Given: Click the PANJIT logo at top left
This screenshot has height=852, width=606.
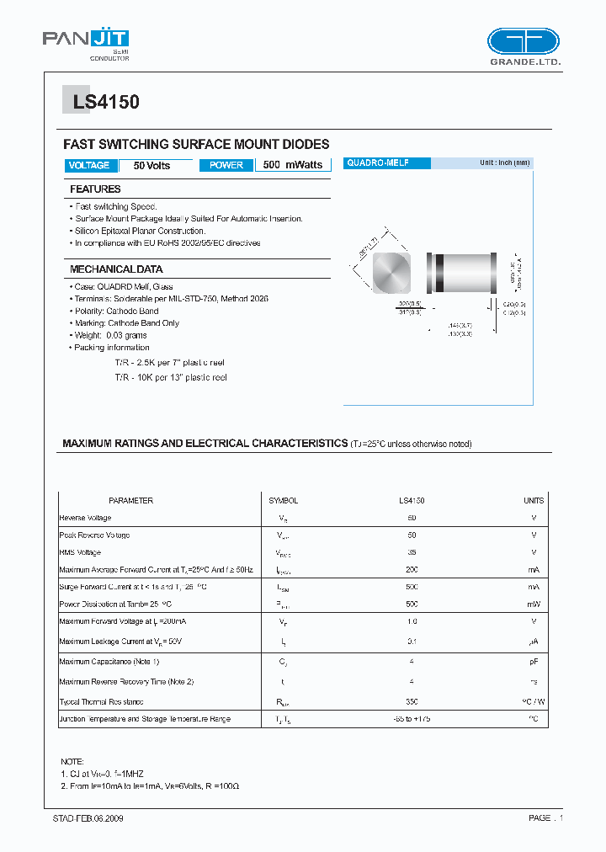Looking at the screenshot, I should click(x=86, y=40).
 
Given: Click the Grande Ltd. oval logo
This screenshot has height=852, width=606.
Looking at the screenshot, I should click(x=523, y=41).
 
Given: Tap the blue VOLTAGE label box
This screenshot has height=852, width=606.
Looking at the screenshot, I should click(x=89, y=166).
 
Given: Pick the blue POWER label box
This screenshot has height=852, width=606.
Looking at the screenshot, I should click(x=226, y=166).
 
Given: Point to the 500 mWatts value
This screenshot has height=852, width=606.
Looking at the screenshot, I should click(x=292, y=166).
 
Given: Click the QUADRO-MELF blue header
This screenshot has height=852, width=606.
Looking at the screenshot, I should click(x=386, y=163).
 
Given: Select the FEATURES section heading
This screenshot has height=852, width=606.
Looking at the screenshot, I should click(x=95, y=189).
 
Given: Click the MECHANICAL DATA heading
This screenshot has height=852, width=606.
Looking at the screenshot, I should click(x=116, y=269).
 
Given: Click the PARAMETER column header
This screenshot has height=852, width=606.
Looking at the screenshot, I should click(x=130, y=501).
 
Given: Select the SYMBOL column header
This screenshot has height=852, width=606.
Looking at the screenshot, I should click(x=283, y=501).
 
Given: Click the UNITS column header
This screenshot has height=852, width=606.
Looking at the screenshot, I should click(x=534, y=501).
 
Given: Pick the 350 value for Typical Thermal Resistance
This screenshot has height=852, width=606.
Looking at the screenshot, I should click(x=412, y=701).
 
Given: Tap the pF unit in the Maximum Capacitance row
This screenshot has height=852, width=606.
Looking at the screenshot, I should click(x=534, y=662).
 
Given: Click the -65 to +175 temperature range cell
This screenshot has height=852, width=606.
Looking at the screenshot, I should click(x=412, y=719).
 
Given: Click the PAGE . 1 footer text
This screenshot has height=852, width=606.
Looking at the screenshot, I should click(x=545, y=818).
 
